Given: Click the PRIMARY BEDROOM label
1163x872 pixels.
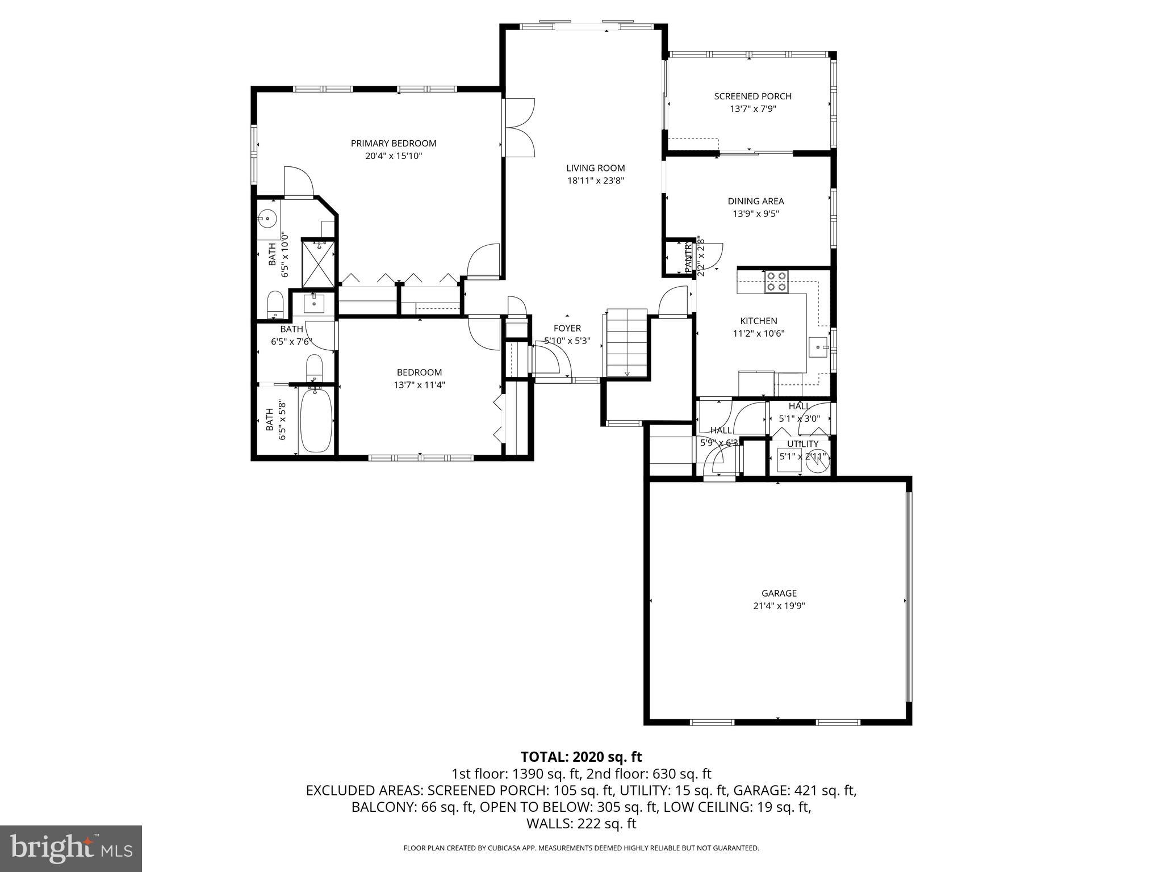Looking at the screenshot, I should click(393, 143).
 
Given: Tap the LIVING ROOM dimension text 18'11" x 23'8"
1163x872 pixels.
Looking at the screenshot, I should click(595, 181).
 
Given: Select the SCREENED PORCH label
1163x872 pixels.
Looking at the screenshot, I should click(752, 96).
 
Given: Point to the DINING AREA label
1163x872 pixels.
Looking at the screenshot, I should click(755, 201).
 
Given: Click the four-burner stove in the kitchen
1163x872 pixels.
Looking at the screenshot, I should click(776, 281).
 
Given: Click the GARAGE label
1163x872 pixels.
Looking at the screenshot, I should click(779, 593).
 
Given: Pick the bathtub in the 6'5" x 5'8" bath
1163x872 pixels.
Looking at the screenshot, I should click(316, 420).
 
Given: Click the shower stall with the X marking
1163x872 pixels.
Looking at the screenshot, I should click(319, 265).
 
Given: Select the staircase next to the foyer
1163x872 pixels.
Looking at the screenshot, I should click(627, 343).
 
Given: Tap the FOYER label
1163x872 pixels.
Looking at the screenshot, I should click(567, 328).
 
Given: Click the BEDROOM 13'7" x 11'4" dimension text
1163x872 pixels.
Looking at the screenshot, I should click(419, 385).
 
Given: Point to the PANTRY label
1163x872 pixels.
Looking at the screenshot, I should click(688, 257).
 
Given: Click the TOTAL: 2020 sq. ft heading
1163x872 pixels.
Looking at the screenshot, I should click(581, 757).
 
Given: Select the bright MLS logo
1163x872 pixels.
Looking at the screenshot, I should click(71, 849).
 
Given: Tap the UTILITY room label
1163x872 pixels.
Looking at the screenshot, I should click(802, 444).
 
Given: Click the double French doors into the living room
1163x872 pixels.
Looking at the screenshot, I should click(518, 128).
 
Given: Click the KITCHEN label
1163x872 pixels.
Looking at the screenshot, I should click(758, 321).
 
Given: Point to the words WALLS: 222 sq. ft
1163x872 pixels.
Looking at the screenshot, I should click(581, 824).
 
